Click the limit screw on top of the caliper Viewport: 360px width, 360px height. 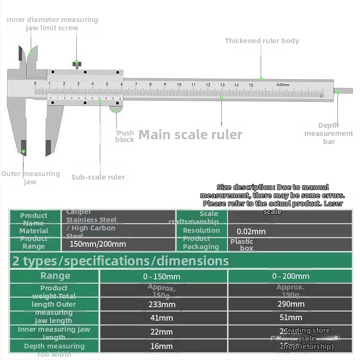tap(76, 63)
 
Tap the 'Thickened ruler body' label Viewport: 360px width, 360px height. tap(262, 41)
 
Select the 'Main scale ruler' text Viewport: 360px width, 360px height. tap(191, 135)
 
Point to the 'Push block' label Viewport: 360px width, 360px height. tap(125, 136)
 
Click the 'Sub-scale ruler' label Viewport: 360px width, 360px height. tap(98, 177)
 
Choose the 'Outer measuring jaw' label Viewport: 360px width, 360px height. tap(30, 178)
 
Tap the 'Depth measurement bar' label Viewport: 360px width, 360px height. tap(329, 133)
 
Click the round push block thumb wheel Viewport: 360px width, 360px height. tap(116, 109)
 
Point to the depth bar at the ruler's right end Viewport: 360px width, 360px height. tap(343, 90)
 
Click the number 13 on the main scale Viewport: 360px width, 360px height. tap(222, 85)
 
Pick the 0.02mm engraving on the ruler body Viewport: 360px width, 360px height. tap(283, 85)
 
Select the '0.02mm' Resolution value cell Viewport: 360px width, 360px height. tap(251, 231)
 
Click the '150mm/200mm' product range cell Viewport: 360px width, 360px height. tap(98, 244)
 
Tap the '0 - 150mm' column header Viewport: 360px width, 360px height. tap(162, 276)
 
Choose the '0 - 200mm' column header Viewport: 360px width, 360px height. tap(291, 276)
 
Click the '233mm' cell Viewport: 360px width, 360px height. tap(162, 304)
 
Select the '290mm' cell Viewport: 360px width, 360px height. tap(291, 304)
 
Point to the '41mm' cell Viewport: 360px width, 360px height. tap(162, 318)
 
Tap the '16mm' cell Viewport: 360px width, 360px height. tap(162, 346)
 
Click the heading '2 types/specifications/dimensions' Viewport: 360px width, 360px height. tap(120, 261)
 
